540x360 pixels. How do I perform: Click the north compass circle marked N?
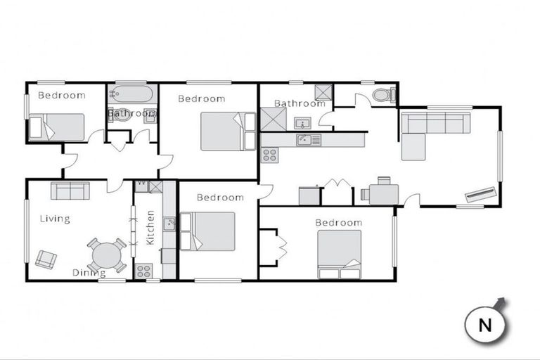(485, 325)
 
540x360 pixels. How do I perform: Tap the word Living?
(54, 219)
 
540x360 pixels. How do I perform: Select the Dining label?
(89, 273)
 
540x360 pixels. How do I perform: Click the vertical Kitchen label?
(150, 229)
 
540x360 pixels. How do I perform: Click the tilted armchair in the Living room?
(46, 259)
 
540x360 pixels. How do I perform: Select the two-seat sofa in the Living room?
(69, 191)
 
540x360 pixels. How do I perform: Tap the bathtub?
(131, 94)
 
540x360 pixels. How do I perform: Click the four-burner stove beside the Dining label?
(143, 270)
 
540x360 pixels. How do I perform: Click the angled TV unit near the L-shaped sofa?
(482, 193)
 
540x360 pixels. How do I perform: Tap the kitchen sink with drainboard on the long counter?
(308, 140)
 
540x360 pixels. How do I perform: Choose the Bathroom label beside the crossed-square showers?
(300, 103)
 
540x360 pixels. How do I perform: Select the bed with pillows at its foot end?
(340, 254)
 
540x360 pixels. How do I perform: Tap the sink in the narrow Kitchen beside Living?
(169, 224)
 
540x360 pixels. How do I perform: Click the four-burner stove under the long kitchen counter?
(269, 154)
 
